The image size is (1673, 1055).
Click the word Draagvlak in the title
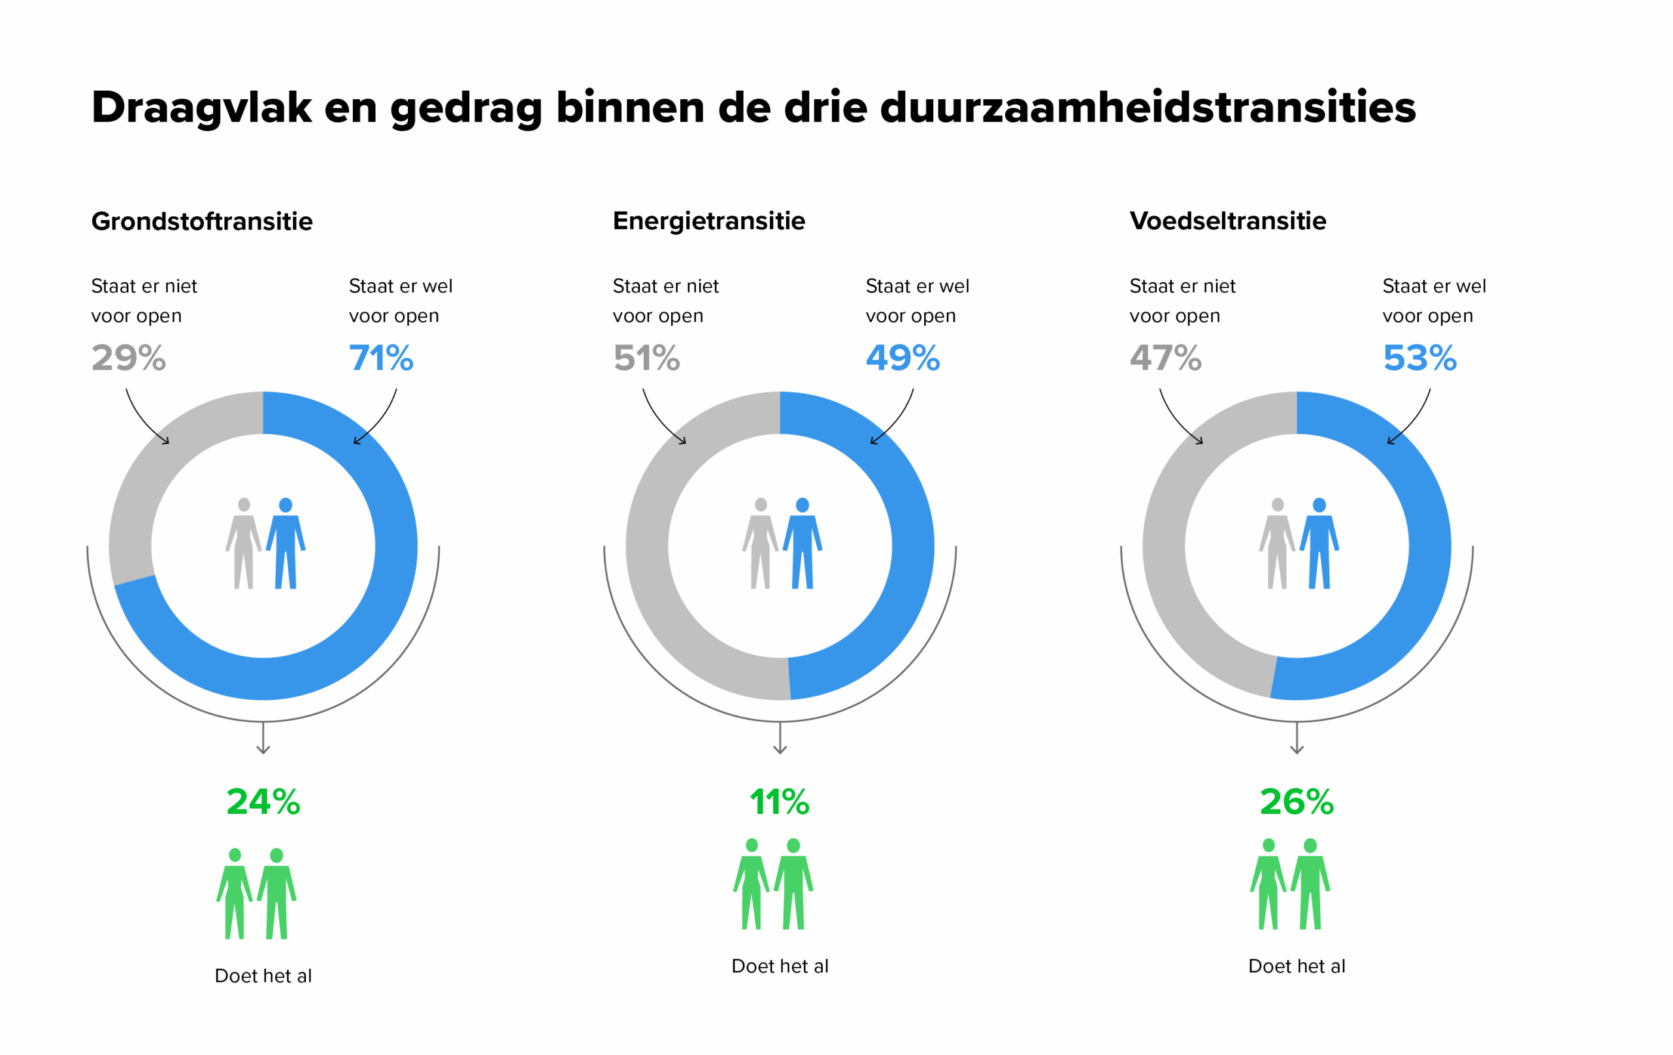coord(201,108)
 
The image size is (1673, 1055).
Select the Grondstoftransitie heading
coord(202,221)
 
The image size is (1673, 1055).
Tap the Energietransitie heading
coord(708,221)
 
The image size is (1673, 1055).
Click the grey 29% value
coord(129,359)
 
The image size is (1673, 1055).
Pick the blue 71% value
coord(381,359)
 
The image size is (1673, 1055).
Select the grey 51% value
coord(646,359)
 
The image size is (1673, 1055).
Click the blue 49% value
coord(903,359)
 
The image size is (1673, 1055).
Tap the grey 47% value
coord(1165,359)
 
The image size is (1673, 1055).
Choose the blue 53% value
coord(1419,359)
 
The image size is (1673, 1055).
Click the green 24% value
coord(263,802)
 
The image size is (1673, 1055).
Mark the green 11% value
coord(780,802)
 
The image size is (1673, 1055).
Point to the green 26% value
coord(1297,802)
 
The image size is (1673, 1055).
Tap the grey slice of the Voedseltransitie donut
coord(1174,591)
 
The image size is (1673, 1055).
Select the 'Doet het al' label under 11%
coord(780,966)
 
